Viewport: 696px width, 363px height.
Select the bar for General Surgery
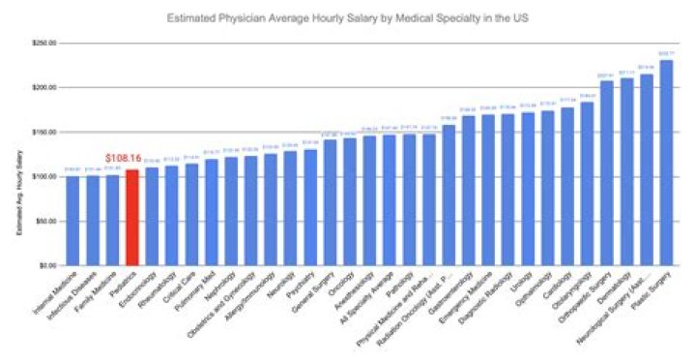click(x=330, y=202)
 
